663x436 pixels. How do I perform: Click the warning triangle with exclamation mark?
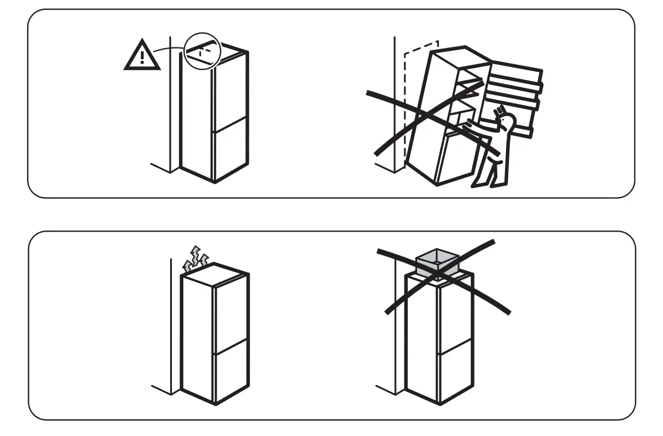pyautogui.click(x=142, y=56)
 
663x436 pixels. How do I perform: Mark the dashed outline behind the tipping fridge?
pyautogui.click(x=409, y=99)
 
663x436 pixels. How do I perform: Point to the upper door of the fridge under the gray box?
pyautogui.click(x=455, y=315)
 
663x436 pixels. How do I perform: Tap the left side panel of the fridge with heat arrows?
pyautogui.click(x=198, y=337)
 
